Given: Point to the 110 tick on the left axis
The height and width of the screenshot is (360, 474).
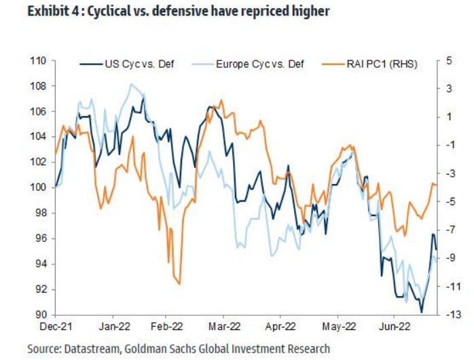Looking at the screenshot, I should pyautogui.click(x=38, y=61).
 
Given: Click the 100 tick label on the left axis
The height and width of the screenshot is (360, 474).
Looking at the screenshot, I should pyautogui.click(x=38, y=187).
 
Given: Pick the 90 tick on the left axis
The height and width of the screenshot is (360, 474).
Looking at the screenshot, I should pyautogui.click(x=41, y=314).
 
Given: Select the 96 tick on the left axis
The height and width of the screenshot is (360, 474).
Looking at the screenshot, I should pyautogui.click(x=41, y=238).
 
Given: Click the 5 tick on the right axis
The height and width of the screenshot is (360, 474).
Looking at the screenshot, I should pyautogui.click(x=449, y=61).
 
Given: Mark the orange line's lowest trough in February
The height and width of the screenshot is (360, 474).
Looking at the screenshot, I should pyautogui.click(x=179, y=284).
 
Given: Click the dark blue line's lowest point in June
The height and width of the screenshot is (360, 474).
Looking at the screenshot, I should pyautogui.click(x=422, y=312).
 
